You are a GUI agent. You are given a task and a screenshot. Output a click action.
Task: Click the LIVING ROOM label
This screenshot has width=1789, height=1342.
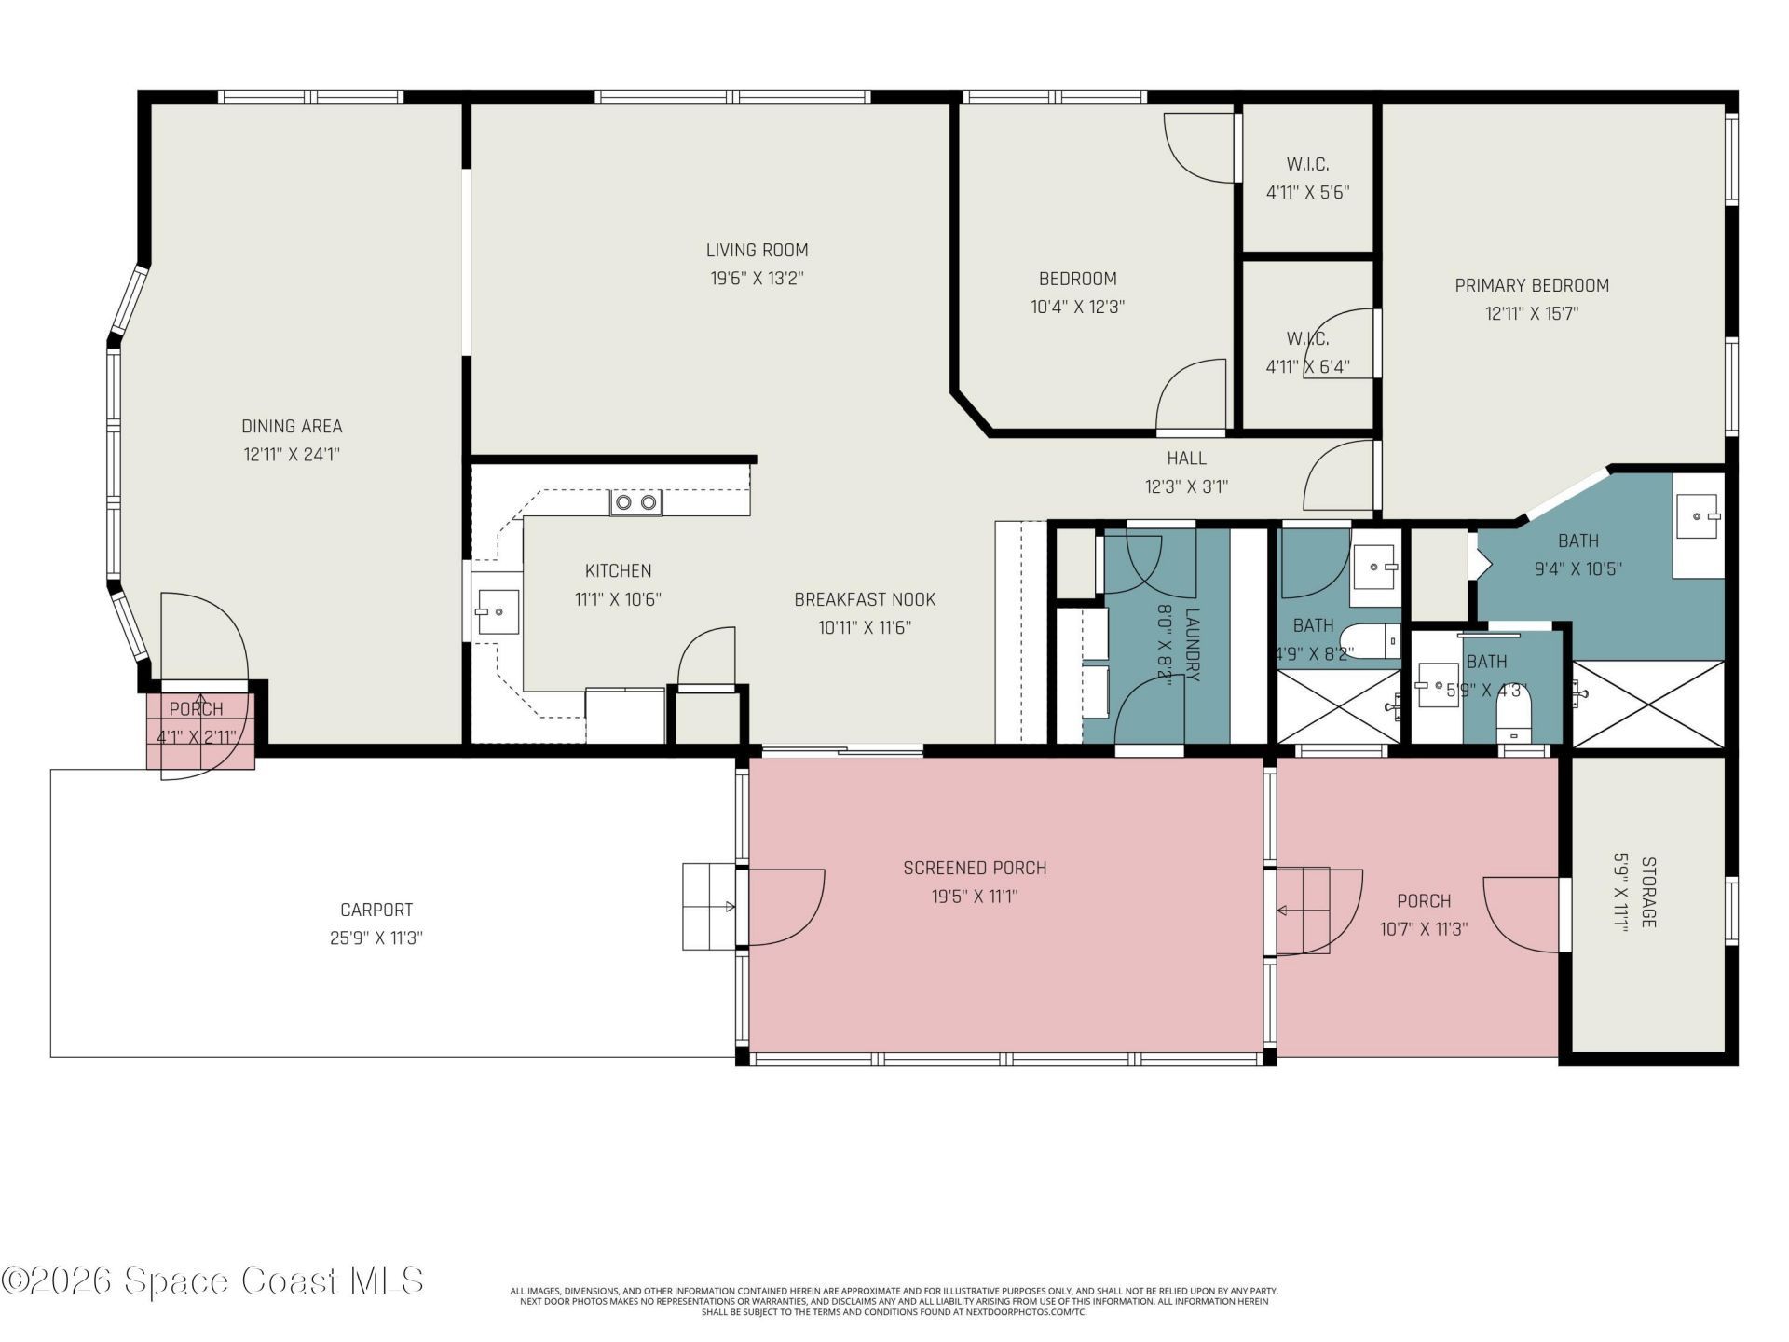757,250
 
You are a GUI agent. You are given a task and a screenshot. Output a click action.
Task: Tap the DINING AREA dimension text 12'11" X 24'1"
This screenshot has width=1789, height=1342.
292,455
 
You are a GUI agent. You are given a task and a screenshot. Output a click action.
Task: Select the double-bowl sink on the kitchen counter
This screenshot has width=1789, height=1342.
635,503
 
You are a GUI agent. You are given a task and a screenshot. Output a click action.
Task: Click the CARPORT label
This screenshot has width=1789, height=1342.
376,910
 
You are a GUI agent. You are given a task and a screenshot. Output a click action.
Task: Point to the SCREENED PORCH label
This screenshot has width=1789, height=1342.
975,868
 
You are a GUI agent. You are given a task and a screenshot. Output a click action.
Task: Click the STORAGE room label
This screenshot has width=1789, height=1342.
1647,892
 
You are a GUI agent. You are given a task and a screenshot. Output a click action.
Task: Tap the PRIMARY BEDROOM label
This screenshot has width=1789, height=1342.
1531,285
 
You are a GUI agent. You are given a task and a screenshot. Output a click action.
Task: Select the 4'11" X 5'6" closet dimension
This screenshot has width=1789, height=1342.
1307,193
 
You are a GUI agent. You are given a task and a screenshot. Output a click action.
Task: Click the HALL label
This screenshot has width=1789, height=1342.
1186,458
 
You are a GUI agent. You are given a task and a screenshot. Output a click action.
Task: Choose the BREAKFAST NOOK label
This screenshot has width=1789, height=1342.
864,599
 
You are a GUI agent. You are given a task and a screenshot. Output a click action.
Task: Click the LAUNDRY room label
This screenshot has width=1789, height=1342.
1192,645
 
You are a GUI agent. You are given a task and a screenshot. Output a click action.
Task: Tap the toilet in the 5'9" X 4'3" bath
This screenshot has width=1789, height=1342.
1513,717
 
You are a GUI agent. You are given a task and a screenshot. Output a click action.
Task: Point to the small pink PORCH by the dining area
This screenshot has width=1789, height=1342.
198,723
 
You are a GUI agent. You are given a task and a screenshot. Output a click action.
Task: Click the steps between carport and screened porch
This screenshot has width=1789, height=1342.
709,906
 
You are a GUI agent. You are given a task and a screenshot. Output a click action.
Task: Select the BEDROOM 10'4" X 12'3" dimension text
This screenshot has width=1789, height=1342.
1077,307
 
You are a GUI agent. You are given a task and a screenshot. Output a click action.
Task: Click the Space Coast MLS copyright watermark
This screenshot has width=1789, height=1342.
212,1281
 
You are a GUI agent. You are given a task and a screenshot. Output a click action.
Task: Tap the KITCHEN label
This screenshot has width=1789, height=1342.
618,570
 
